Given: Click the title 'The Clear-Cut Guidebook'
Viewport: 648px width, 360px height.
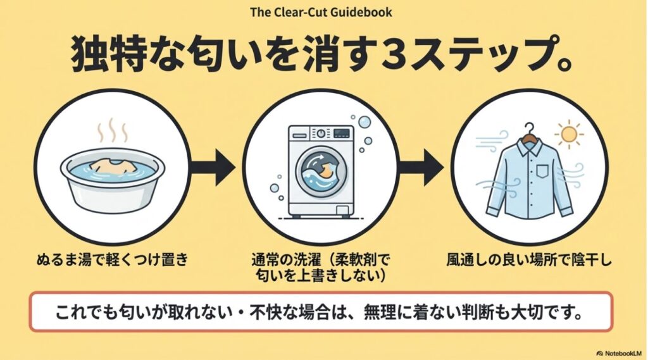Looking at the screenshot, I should [321, 12].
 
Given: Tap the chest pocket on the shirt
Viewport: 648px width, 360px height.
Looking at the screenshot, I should [544, 171].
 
